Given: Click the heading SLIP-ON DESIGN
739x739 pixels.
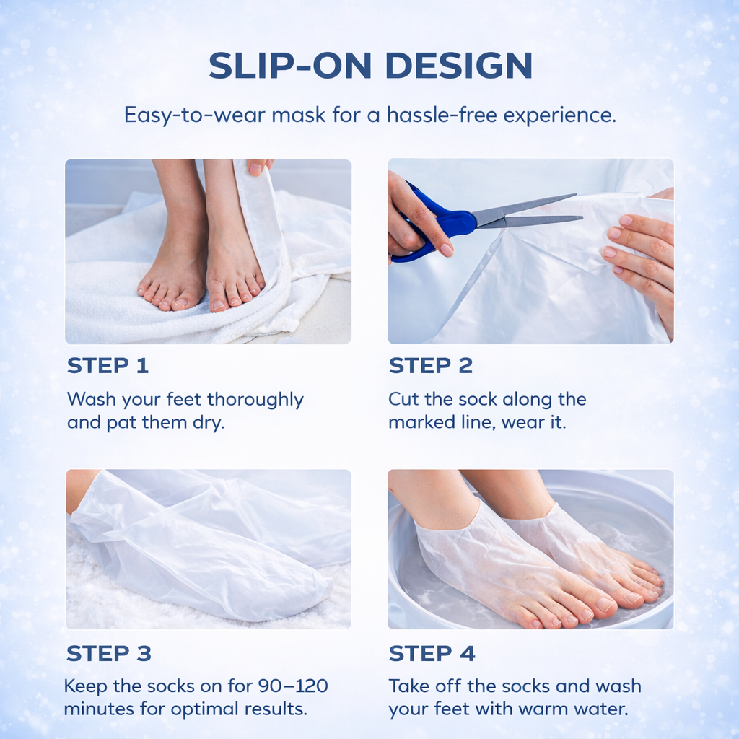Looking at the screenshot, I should [x=370, y=66].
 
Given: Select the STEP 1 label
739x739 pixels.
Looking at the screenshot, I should [x=108, y=366].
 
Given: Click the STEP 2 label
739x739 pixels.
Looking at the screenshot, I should [x=430, y=366].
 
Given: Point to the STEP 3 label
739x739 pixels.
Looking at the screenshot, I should [x=108, y=654].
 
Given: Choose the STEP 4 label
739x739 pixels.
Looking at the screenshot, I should [x=432, y=654].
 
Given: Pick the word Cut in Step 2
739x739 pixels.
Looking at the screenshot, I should [x=403, y=400].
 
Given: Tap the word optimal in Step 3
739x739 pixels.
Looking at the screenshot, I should [x=198, y=709].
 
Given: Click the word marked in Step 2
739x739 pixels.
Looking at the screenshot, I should [x=416, y=422].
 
